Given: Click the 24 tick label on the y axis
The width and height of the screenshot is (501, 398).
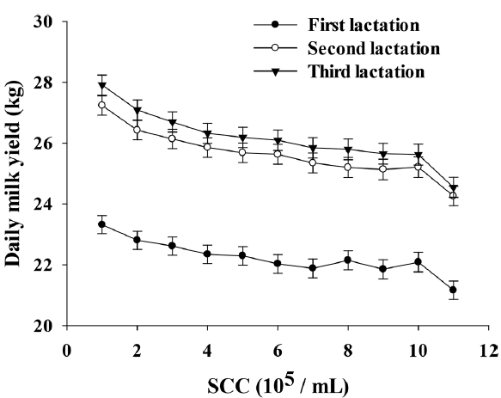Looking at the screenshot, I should [43, 205].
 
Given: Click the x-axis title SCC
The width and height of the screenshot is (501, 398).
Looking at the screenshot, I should [277, 381].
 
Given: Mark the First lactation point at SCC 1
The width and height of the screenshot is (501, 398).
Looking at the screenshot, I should [102, 224].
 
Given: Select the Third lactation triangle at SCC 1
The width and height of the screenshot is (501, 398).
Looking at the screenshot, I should [102, 85].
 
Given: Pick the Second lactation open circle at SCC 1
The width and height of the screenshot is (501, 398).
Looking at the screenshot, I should [102, 105].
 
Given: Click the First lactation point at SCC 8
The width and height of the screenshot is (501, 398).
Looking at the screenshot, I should [348, 260].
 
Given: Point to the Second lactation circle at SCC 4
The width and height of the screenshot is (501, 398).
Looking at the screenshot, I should [207, 147].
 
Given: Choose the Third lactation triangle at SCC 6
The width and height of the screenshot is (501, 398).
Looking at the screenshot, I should [278, 141].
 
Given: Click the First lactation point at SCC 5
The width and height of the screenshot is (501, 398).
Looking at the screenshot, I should [242, 255].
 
